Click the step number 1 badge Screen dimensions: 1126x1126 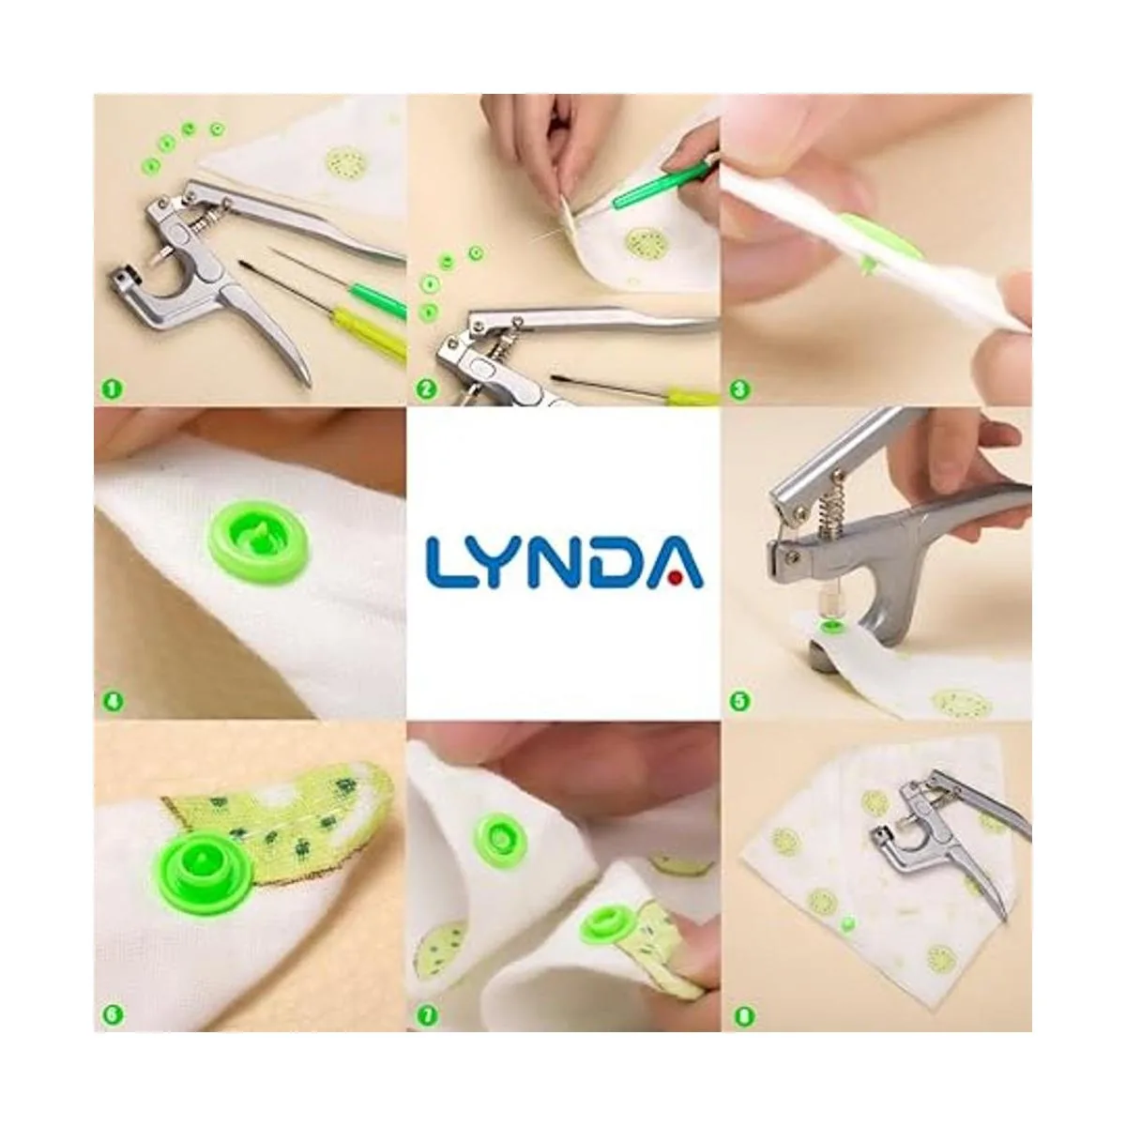[113, 388]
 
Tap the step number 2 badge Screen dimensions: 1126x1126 [426, 388]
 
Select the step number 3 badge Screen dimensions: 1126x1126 [739, 388]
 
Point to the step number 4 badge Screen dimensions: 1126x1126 [113, 701]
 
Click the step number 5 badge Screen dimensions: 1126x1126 [739, 701]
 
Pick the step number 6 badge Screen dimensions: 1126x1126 [113, 1015]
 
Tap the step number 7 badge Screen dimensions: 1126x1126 [426, 1015]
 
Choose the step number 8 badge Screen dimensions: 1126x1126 [743, 1015]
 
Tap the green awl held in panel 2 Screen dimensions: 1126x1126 [661, 187]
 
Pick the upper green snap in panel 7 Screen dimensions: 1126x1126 [502, 839]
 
